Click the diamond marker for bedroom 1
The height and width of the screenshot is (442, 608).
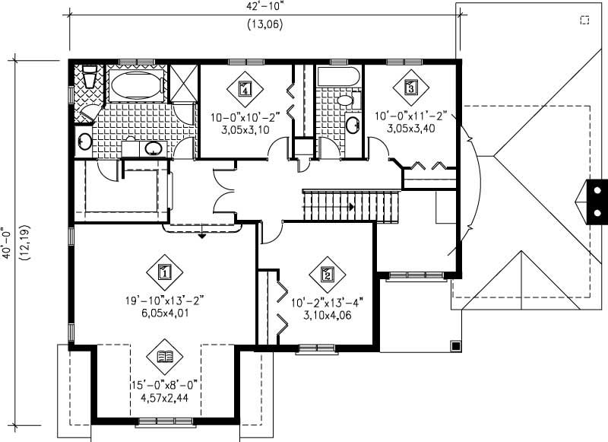[165, 270]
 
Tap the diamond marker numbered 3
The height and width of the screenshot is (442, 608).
[411, 87]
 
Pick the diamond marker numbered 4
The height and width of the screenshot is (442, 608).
[245, 87]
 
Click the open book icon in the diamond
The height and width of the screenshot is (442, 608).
[165, 356]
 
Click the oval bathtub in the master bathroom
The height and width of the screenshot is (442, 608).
[135, 85]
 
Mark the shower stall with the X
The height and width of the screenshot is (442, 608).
[182, 84]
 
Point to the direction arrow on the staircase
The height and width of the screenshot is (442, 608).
[350, 206]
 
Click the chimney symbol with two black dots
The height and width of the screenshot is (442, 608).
[597, 200]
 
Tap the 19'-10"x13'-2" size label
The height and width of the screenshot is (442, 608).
[166, 300]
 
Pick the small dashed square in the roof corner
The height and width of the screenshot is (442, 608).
[584, 21]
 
